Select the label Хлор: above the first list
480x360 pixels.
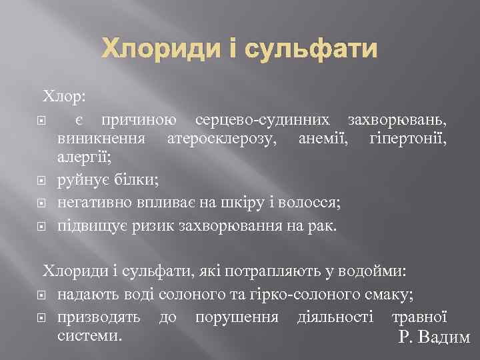pyautogui.click(x=65, y=97)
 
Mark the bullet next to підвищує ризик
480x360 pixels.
pyautogui.click(x=43, y=227)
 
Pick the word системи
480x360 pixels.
pyautogui.click(x=89, y=335)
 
